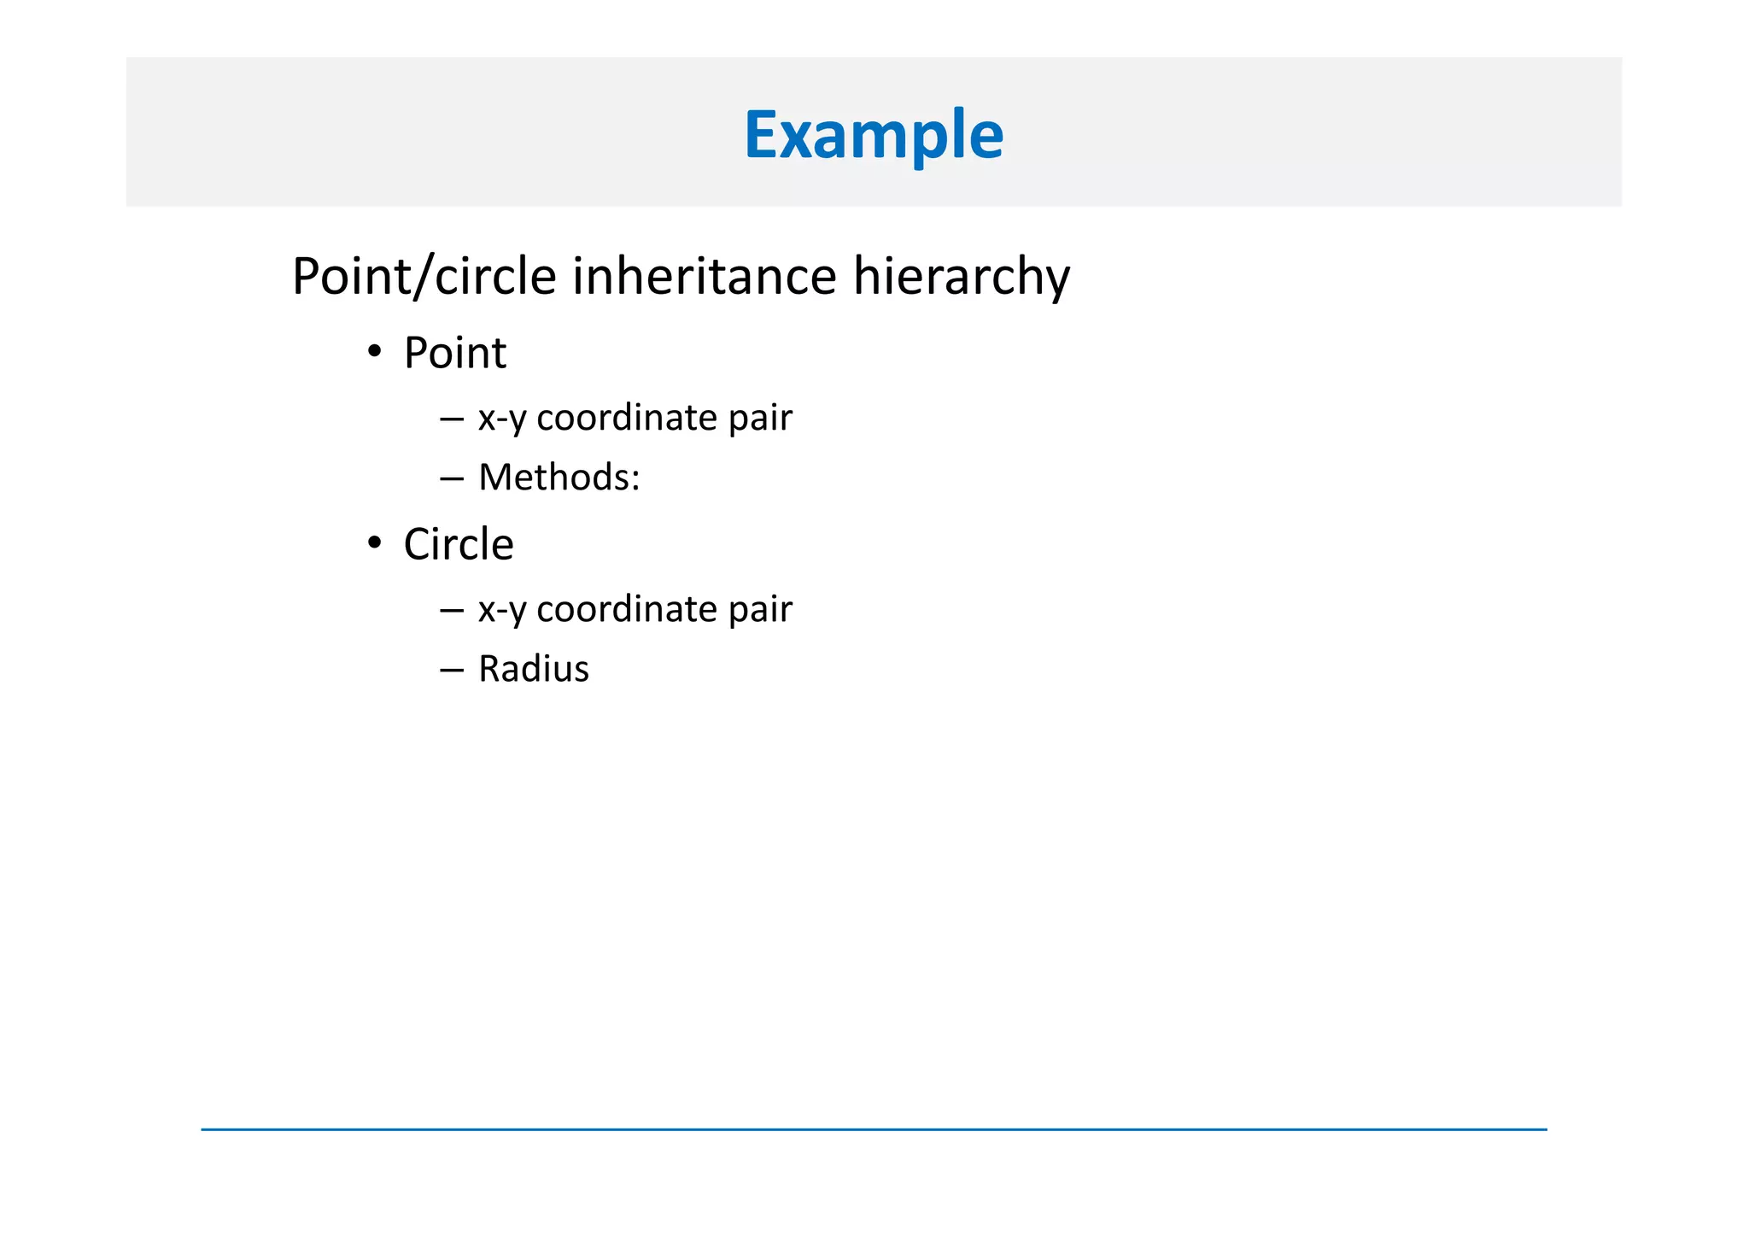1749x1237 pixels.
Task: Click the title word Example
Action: [874, 135]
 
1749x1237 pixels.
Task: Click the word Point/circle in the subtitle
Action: [424, 277]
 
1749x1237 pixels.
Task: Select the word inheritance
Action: [704, 277]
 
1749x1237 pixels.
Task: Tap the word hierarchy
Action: [961, 277]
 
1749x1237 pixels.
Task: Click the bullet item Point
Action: [454, 353]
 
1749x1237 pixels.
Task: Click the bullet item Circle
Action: [459, 544]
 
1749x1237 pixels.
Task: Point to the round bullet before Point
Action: [374, 352]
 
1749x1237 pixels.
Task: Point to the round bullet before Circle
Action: [374, 543]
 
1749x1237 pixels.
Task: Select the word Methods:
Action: [559, 477]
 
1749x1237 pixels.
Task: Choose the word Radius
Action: [534, 668]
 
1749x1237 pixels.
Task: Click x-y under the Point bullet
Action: [502, 419]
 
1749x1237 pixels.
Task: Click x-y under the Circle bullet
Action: [502, 610]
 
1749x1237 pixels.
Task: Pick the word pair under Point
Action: [760, 419]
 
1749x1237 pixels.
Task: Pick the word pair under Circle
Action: [760, 610]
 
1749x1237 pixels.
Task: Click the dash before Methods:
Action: [451, 478]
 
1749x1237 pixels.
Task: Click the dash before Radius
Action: [451, 670]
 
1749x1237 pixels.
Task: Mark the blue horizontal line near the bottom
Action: [874, 1129]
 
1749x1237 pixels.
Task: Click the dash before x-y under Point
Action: [451, 419]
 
